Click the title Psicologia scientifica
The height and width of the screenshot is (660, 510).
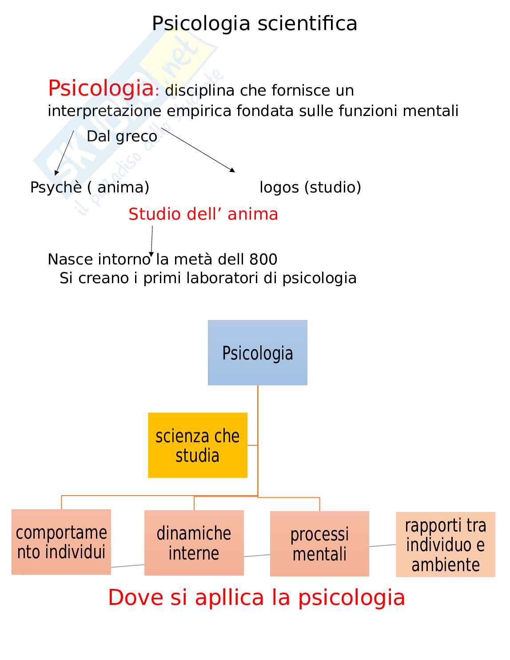[255, 23]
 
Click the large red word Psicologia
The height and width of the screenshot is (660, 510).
[100, 88]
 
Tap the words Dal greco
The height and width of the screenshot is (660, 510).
[122, 136]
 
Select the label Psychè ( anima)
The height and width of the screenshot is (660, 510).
[89, 187]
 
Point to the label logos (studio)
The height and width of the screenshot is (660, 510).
[310, 187]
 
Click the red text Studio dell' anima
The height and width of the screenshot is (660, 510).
[203, 214]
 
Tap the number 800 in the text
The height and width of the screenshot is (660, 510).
[263, 259]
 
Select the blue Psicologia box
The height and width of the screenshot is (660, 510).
[257, 352]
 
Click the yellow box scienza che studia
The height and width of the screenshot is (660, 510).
[197, 445]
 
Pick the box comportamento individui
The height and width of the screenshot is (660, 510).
[61, 542]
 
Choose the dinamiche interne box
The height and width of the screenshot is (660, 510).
[194, 543]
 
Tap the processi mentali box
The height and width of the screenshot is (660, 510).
[319, 544]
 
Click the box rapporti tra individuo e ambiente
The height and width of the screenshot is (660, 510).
[445, 544]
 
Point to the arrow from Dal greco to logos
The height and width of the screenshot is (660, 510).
[198, 149]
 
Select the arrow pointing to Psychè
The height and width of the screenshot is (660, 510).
[64, 152]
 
